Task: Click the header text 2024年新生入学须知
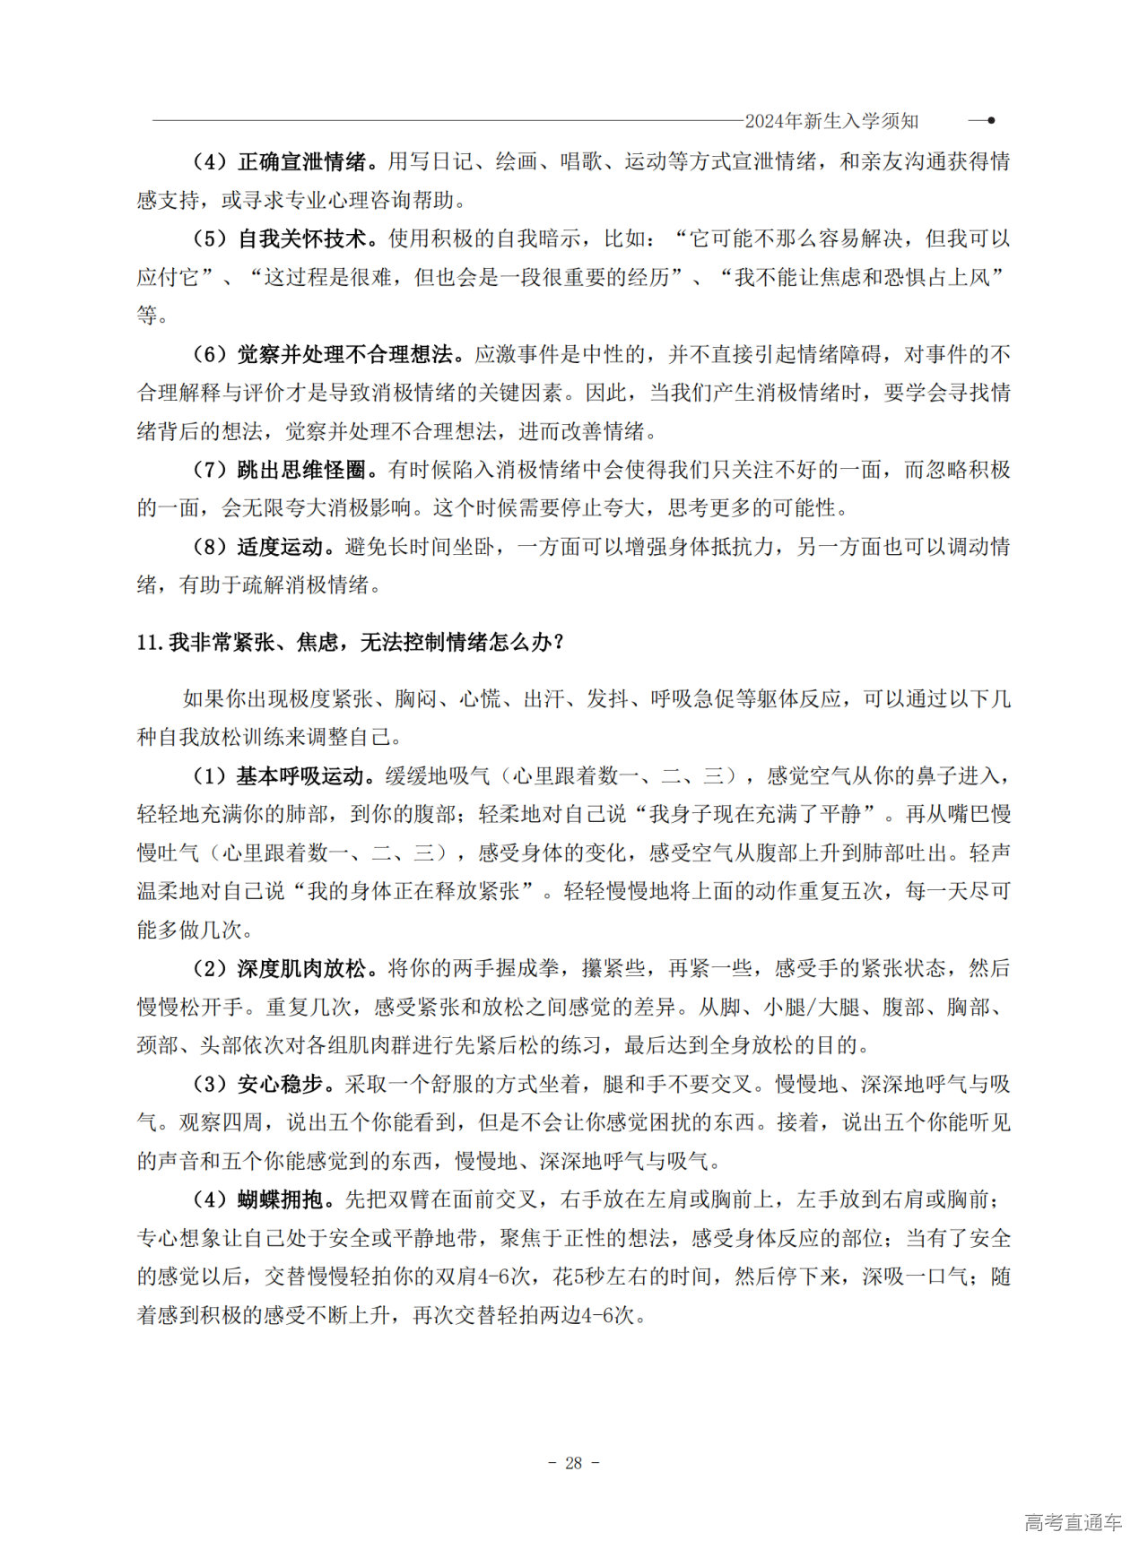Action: pyautogui.click(x=831, y=121)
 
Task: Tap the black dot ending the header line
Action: pyautogui.click(x=990, y=120)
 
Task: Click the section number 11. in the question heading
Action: pyautogui.click(x=151, y=643)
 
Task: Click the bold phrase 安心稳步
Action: pyautogui.click(x=280, y=1085)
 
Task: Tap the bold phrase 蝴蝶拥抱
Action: pyautogui.click(x=280, y=1200)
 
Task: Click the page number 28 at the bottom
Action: pyautogui.click(x=574, y=1463)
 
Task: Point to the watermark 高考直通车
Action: pyautogui.click(x=1073, y=1522)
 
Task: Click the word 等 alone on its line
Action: pyautogui.click(x=147, y=316)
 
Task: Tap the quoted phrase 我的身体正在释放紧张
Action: pyautogui.click(x=413, y=892)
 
